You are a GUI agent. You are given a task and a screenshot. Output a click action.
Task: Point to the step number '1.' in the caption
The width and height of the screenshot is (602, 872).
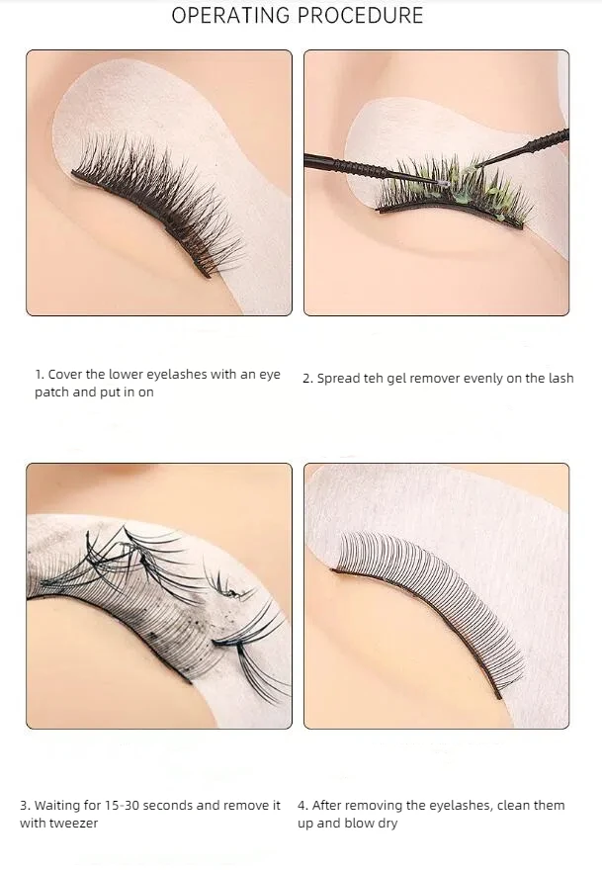pos(40,375)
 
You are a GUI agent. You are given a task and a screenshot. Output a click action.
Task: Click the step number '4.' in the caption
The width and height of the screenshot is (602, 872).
pos(303,806)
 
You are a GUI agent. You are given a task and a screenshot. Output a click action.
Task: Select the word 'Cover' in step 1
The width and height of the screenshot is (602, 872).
pos(64,375)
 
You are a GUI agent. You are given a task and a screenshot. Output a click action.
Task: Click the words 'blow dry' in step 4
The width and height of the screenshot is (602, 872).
pos(369,824)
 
